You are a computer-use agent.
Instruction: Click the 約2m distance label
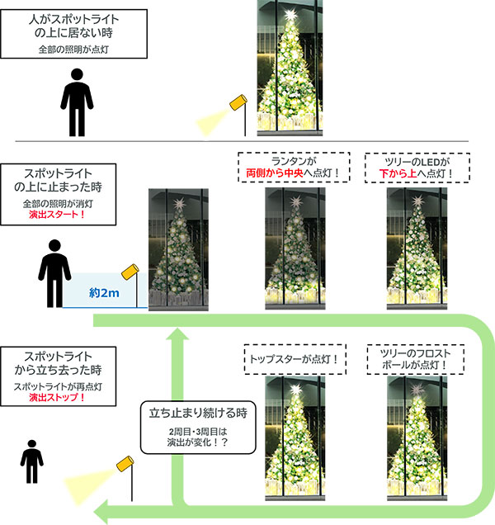(103, 292)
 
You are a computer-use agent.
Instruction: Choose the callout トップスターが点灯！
(294, 359)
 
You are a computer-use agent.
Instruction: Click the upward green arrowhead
(177, 337)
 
